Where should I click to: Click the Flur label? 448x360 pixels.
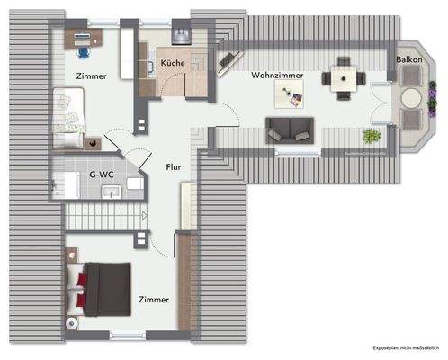tap(174, 166)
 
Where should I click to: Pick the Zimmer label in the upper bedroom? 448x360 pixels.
tap(92, 76)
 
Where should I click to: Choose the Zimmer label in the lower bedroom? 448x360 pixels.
tap(154, 299)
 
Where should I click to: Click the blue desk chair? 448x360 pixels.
tap(84, 39)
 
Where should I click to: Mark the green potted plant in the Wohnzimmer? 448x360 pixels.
tap(370, 137)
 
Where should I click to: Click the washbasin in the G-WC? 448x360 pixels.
tap(112, 193)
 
